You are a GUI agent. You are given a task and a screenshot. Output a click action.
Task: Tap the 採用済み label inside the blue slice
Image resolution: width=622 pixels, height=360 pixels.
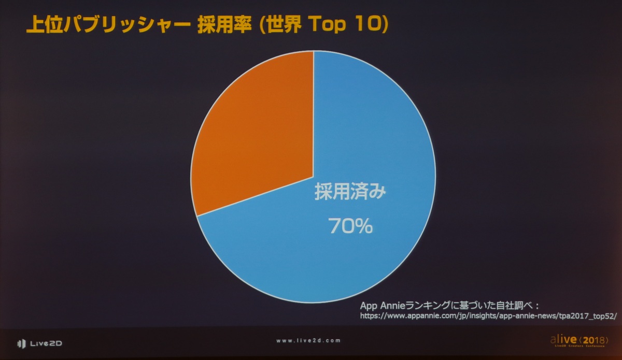point(351,193)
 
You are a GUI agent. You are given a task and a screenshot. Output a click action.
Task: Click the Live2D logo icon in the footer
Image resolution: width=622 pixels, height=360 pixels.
point(21,343)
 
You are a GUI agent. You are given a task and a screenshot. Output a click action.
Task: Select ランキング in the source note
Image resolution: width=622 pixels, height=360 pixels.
point(436,304)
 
